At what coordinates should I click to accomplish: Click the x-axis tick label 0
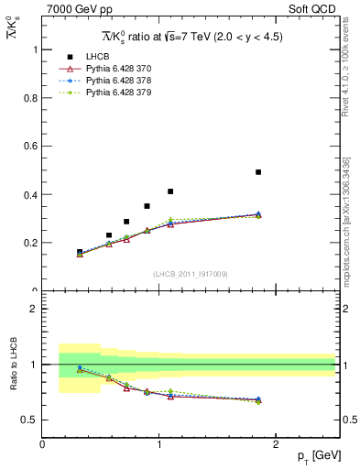coord(42,444)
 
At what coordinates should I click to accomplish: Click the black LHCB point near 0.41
coord(170,191)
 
